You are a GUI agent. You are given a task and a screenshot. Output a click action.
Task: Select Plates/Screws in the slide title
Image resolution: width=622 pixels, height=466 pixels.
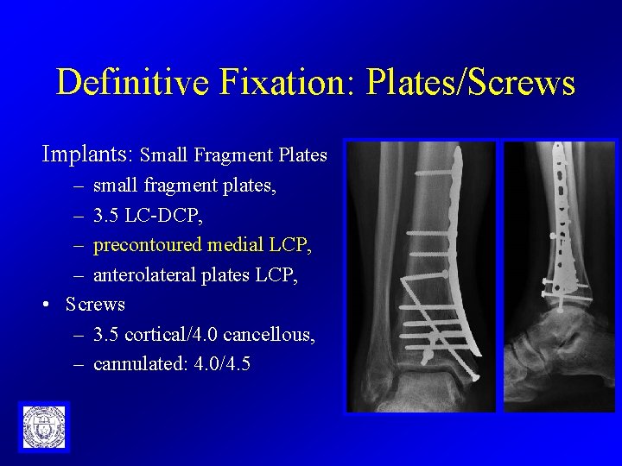coord(470,83)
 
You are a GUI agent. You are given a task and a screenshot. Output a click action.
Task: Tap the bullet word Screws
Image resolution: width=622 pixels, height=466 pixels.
coord(95,305)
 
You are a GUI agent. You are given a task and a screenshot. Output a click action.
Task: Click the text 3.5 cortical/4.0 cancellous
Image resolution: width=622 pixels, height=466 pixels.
coord(204,334)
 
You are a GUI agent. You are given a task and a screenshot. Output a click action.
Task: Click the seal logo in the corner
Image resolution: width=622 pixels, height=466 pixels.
coord(43,426)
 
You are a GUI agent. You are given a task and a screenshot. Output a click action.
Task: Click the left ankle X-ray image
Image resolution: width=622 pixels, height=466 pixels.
coord(421,276)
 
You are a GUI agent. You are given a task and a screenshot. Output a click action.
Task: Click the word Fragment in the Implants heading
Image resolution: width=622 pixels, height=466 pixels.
coord(233,156)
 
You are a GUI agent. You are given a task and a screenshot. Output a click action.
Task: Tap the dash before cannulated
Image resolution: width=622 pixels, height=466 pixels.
coord(79,364)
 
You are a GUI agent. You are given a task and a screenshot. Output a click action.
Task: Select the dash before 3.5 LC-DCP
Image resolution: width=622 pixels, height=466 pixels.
coord(79,215)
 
